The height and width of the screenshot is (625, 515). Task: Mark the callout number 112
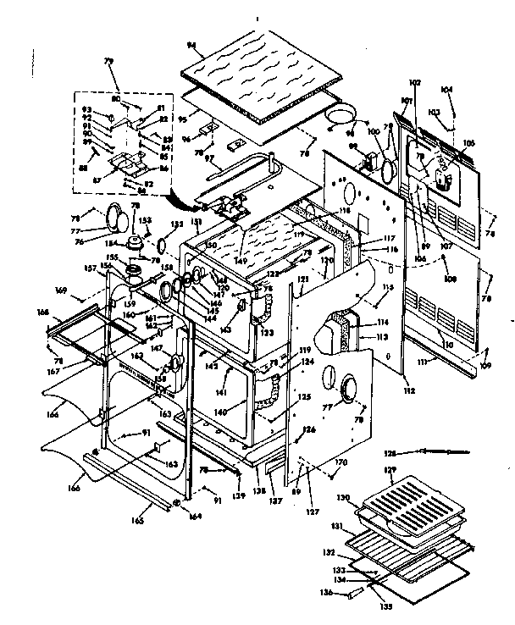(x=385, y=390)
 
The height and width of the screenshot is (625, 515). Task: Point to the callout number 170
(x=341, y=462)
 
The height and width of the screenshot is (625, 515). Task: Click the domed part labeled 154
(x=136, y=245)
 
